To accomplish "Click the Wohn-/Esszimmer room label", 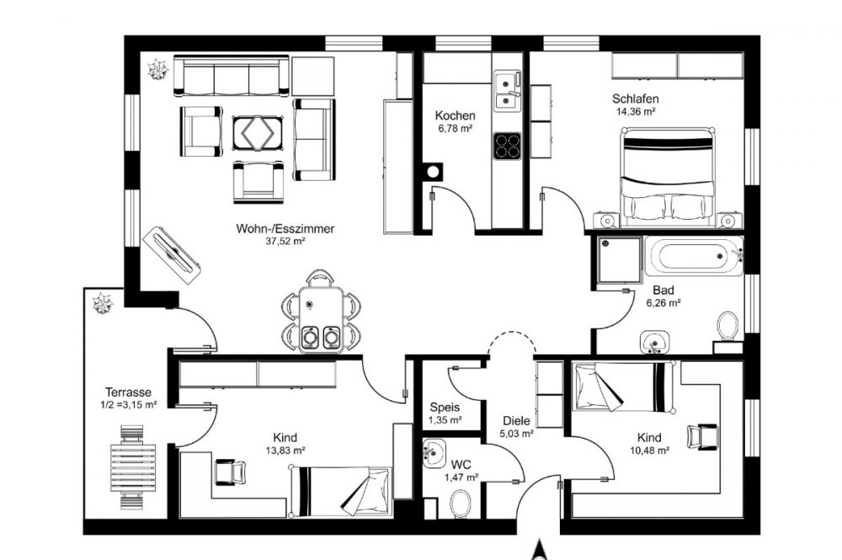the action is (285, 229).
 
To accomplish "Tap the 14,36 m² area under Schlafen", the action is (635, 112).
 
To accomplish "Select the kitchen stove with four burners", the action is (507, 146).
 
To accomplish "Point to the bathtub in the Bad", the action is (694, 256).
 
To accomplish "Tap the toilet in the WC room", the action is (460, 504).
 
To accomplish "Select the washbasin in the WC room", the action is (434, 453).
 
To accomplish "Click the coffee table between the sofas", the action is (258, 132).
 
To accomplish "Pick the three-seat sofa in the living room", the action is (231, 77).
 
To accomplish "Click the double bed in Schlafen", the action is (668, 177).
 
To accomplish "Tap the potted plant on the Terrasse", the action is (102, 303).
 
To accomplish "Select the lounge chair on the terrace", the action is (133, 467).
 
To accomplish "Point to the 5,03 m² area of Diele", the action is (517, 434).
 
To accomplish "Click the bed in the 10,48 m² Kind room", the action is (623, 387).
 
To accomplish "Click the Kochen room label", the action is (455, 115).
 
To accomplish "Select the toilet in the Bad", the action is (727, 325).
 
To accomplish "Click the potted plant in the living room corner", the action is (158, 69).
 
